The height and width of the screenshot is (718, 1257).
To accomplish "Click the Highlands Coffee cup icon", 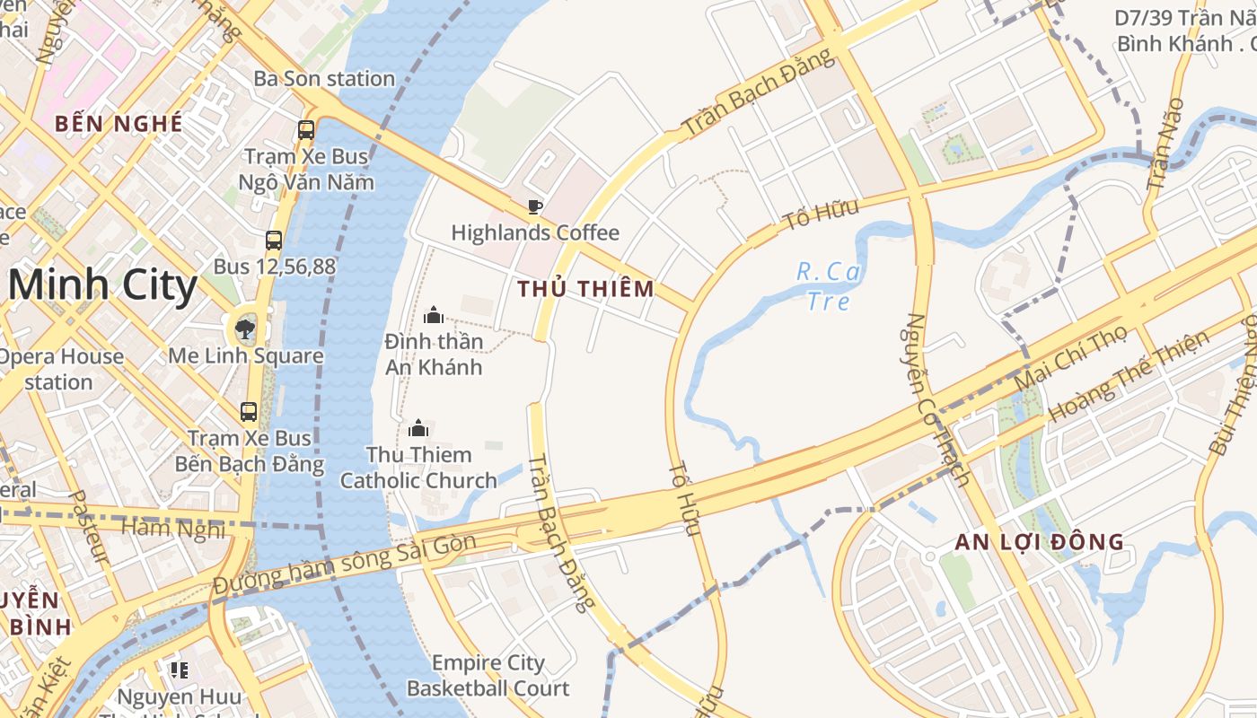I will tap(535, 207).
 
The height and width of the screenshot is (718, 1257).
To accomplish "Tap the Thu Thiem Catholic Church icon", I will tap(418, 428).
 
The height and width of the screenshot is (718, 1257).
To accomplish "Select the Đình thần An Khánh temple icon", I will tap(434, 315).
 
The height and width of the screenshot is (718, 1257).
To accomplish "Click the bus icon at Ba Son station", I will tap(306, 129).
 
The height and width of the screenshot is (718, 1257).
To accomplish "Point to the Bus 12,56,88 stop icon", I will tap(274, 240).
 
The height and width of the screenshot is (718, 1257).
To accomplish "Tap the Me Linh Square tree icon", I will tap(244, 328).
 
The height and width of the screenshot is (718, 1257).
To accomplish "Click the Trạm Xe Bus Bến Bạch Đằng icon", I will tap(249, 412).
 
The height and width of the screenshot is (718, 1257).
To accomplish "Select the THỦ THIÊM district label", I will tap(586, 289).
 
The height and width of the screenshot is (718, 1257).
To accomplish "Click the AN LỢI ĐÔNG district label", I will tap(1040, 542).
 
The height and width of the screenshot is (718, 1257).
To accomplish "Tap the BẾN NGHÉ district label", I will tap(119, 124).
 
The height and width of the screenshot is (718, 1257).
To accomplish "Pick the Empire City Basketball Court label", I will tap(488, 676).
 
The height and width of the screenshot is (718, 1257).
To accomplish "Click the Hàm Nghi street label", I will tap(173, 528).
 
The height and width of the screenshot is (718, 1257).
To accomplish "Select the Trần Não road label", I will tap(1165, 144).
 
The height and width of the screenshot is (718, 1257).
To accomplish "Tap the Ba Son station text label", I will tap(324, 79).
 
